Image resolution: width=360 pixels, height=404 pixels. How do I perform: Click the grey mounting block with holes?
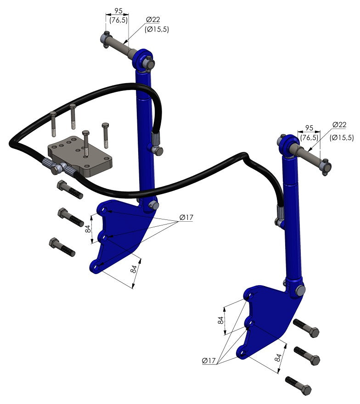pyautogui.click(x=80, y=156)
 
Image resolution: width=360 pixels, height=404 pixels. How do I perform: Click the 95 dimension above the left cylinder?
pyautogui.click(x=118, y=11)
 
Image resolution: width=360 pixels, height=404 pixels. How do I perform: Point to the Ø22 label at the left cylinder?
pyautogui.click(x=153, y=20)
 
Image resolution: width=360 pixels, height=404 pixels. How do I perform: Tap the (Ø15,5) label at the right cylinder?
pyautogui.click(x=342, y=138)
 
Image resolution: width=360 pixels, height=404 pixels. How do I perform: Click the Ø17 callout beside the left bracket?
pyautogui.click(x=186, y=218)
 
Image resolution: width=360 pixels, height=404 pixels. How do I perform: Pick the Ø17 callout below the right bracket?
pyautogui.click(x=209, y=360)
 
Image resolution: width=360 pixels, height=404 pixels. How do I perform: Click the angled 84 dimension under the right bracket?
pyautogui.click(x=278, y=358)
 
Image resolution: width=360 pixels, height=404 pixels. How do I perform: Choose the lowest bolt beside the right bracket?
pyautogui.click(x=298, y=386)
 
